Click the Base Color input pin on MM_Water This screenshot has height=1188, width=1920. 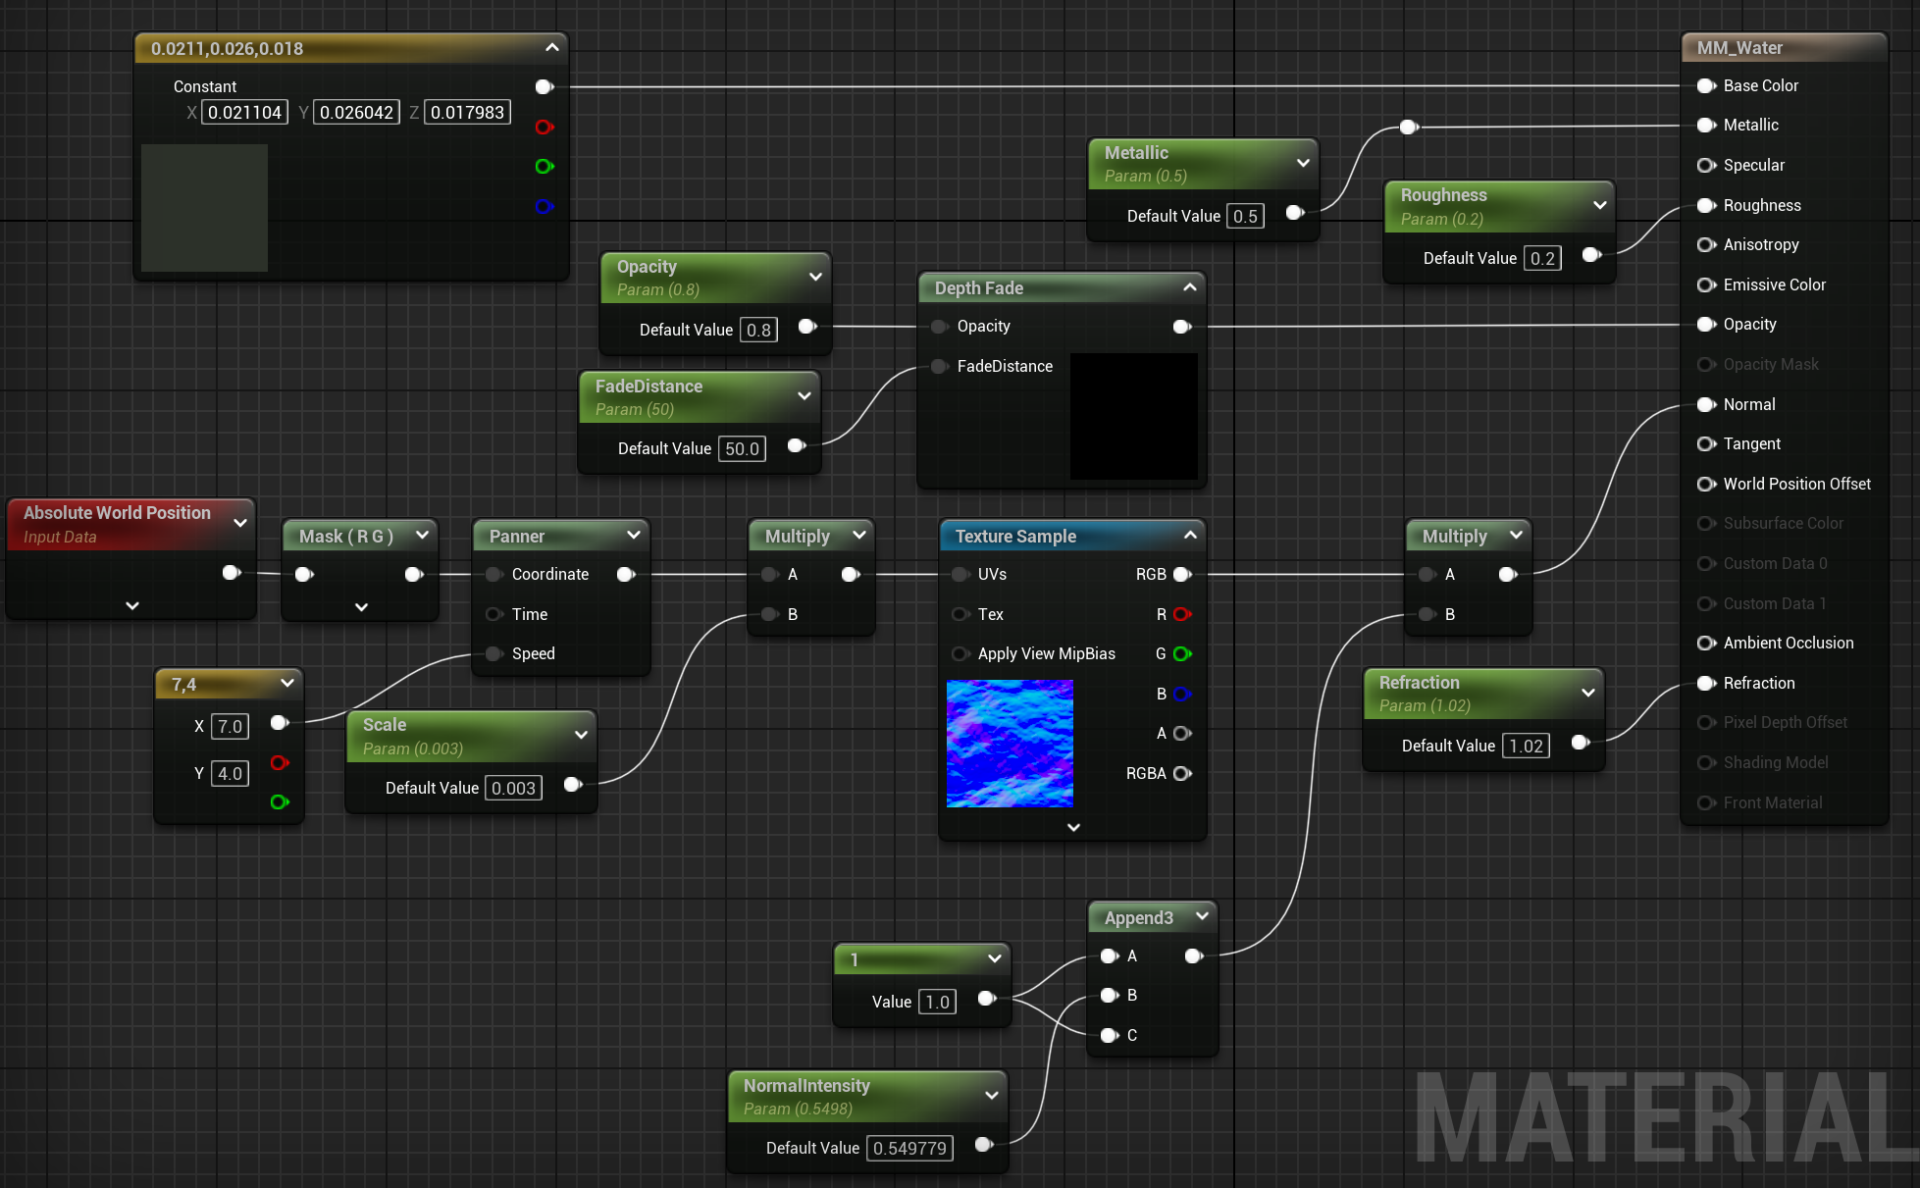click(x=1706, y=86)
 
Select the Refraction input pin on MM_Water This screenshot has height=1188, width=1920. click(x=1706, y=684)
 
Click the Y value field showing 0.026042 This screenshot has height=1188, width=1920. click(x=356, y=113)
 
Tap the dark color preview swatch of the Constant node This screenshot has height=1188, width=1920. click(x=204, y=207)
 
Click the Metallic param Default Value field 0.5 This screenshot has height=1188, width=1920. click(x=1245, y=217)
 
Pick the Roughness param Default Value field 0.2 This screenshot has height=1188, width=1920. click(x=1542, y=259)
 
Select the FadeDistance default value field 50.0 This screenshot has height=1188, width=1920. click(x=742, y=449)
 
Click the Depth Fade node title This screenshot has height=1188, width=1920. click(x=979, y=288)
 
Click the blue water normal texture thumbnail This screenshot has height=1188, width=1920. click(x=1010, y=744)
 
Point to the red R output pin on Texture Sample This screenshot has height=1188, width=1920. click(x=1182, y=615)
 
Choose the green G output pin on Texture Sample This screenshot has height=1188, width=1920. click(x=1182, y=654)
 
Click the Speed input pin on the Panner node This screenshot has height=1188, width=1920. click(x=494, y=654)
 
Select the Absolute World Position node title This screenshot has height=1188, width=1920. click(x=117, y=513)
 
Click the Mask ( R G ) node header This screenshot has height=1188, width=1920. click(x=346, y=537)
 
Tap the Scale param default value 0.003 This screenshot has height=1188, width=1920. click(x=513, y=789)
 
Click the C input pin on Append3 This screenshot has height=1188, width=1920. click(x=1110, y=1036)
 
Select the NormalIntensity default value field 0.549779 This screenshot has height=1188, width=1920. click(x=910, y=1149)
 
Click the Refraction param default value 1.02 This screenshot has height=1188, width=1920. click(x=1526, y=747)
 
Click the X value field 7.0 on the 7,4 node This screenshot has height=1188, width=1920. click(x=230, y=727)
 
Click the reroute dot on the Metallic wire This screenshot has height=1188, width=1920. click(x=1409, y=127)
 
